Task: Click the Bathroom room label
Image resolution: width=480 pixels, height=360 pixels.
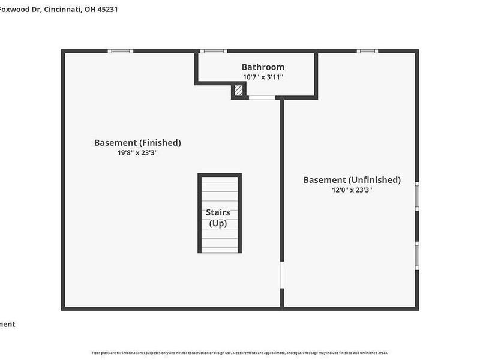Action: click(263, 67)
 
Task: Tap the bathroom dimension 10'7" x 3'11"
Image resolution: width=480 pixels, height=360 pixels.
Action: click(263, 77)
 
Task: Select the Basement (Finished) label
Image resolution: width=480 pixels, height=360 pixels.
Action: click(137, 143)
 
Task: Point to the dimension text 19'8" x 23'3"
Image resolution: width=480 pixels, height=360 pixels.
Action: click(137, 152)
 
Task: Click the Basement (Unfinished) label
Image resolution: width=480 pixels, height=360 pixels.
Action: click(352, 180)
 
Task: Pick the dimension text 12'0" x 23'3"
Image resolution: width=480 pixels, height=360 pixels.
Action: click(352, 190)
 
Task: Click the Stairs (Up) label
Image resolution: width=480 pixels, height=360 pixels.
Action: click(218, 218)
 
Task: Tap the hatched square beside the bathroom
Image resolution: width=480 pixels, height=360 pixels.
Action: click(239, 91)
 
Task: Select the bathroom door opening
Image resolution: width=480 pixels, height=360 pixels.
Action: click(262, 97)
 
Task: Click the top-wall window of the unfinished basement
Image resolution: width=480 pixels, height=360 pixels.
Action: click(367, 51)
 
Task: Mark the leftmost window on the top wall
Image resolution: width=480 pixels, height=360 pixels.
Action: click(121, 51)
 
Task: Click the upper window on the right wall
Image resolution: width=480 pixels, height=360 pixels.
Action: click(417, 196)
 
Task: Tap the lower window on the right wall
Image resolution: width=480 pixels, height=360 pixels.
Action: click(417, 256)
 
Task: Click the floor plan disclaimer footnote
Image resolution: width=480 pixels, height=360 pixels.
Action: click(240, 353)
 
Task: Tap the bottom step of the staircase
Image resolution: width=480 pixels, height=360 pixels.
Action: click(220, 247)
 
